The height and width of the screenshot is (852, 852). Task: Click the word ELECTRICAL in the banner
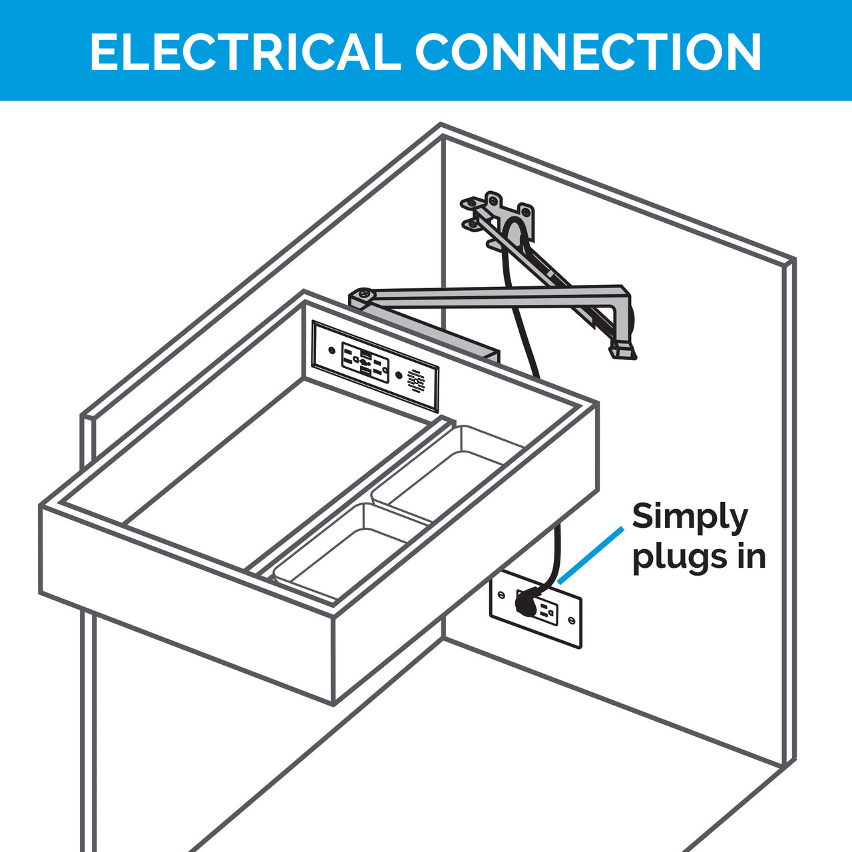pyautogui.click(x=246, y=52)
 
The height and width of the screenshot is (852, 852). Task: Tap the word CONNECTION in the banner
pyautogui.click(x=588, y=52)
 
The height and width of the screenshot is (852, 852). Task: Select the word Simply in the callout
pyautogui.click(x=690, y=518)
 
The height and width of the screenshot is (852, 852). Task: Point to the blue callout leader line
pyautogui.click(x=590, y=556)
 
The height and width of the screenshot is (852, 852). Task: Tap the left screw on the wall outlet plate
pyautogui.click(x=501, y=594)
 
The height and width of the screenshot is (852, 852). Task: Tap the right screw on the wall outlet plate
pyautogui.click(x=571, y=621)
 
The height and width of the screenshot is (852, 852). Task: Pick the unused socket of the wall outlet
pyautogui.click(x=548, y=610)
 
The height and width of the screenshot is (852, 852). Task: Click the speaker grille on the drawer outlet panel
pyautogui.click(x=416, y=381)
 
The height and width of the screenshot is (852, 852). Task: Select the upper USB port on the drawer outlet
pyautogui.click(x=365, y=354)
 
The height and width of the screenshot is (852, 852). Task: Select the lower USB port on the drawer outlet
pyautogui.click(x=365, y=373)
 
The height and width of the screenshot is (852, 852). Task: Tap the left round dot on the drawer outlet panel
pyautogui.click(x=332, y=351)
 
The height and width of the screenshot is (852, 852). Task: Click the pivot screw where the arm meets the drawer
pyautogui.click(x=365, y=294)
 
